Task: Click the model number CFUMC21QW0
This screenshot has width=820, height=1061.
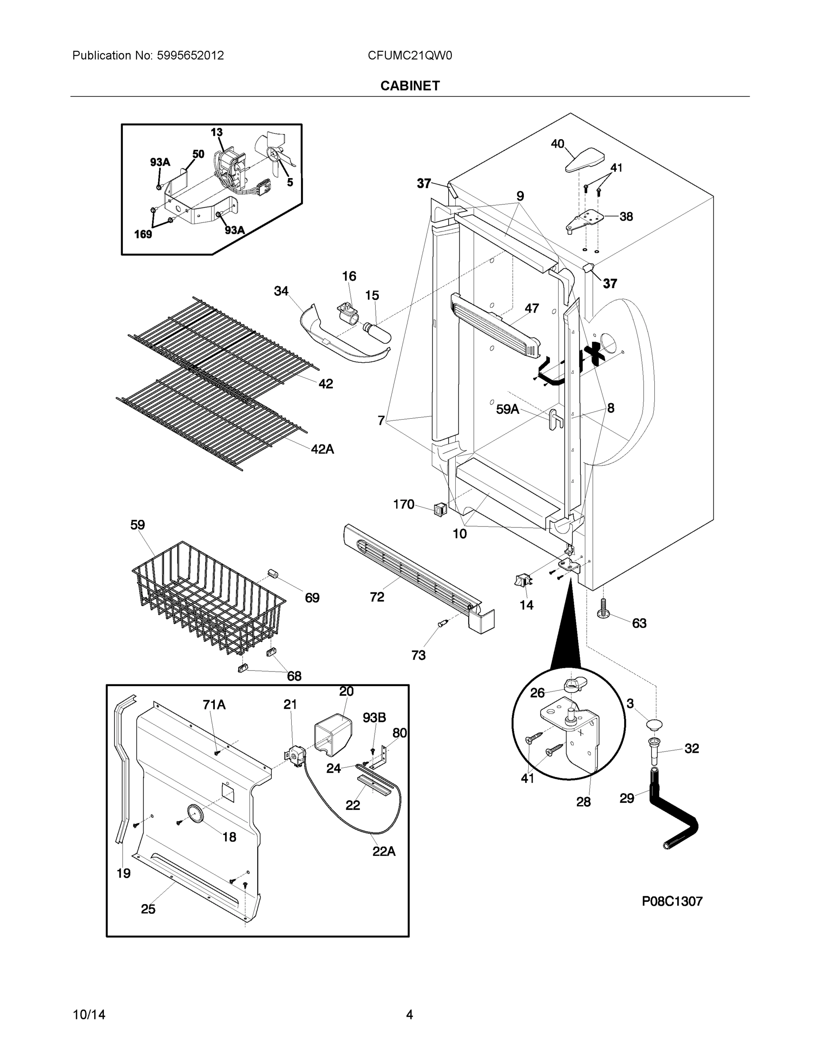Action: (409, 55)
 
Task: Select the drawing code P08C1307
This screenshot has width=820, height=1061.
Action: (672, 901)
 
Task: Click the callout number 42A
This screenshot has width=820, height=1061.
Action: (322, 449)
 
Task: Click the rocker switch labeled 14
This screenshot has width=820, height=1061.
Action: (522, 580)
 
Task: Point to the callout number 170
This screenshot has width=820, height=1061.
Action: (403, 504)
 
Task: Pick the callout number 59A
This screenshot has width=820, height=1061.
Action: (507, 409)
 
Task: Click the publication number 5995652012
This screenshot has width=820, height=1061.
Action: (190, 55)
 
